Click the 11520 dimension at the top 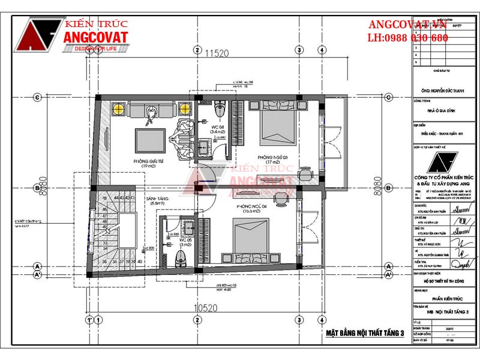(x=217, y=53)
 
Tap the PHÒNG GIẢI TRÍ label (x=148, y=162)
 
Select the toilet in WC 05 (x=180, y=259)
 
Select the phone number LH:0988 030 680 (x=407, y=38)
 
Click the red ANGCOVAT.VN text (x=407, y=25)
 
